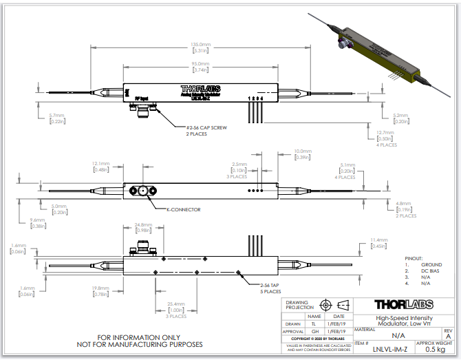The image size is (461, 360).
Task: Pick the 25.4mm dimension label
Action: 176,303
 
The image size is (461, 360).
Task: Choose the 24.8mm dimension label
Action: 143,226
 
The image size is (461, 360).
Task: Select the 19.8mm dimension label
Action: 99,288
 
